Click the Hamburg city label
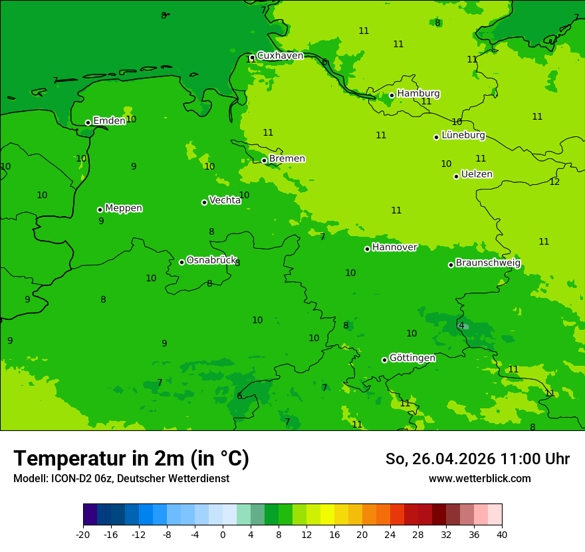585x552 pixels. click(x=418, y=94)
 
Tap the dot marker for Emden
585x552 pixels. click(x=88, y=122)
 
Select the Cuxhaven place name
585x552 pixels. click(x=280, y=56)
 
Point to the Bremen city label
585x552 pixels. click(x=287, y=159)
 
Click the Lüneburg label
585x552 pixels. click(x=463, y=136)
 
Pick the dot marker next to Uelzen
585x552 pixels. click(x=456, y=176)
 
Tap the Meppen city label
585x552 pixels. click(x=124, y=208)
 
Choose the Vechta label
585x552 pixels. click(x=225, y=200)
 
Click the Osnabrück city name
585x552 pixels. click(x=211, y=261)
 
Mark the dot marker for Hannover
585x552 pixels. click(x=367, y=249)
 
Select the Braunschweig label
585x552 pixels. click(x=488, y=263)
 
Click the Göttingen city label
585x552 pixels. click(x=412, y=358)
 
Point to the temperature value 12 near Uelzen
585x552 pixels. click(x=554, y=182)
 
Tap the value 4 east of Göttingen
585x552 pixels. click(x=461, y=326)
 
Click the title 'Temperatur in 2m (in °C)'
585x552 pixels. click(x=131, y=459)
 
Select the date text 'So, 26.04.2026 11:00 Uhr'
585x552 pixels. click(x=477, y=459)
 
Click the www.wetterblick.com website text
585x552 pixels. click(x=479, y=479)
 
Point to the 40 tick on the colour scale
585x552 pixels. click(x=501, y=535)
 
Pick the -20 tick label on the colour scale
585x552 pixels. click(x=83, y=535)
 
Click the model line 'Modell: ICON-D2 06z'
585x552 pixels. click(x=121, y=479)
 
